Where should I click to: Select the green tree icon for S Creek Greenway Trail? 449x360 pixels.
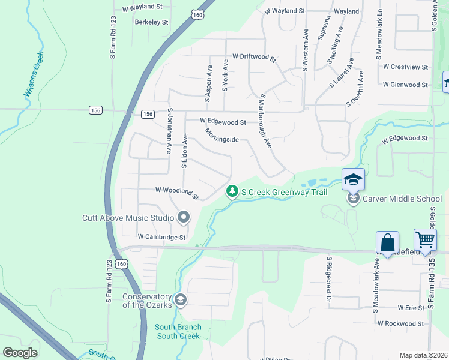(231, 191)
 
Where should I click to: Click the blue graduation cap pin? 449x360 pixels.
(354, 179)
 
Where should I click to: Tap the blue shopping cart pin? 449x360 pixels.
(425, 239)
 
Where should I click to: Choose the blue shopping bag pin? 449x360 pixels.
(388, 242)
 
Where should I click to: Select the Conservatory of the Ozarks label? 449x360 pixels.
(146, 301)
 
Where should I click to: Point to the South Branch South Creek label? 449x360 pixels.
(178, 332)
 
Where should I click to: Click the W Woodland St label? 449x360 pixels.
(176, 191)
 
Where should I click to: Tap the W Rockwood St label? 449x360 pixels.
(400, 323)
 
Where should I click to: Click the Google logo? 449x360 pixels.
(20, 353)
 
